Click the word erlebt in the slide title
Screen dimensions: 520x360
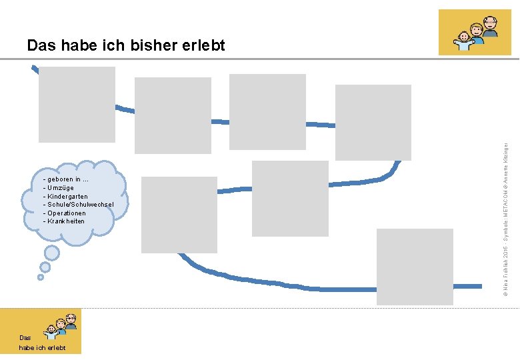202,45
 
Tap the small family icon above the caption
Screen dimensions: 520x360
61,324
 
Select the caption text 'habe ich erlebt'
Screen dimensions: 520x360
43,348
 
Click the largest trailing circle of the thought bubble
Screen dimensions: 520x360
51,253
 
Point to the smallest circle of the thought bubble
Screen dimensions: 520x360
41,277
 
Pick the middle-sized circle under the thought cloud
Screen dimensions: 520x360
45,267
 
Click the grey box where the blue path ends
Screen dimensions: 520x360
415,267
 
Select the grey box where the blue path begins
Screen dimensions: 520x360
77,105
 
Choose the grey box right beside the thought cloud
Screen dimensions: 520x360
179,215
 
